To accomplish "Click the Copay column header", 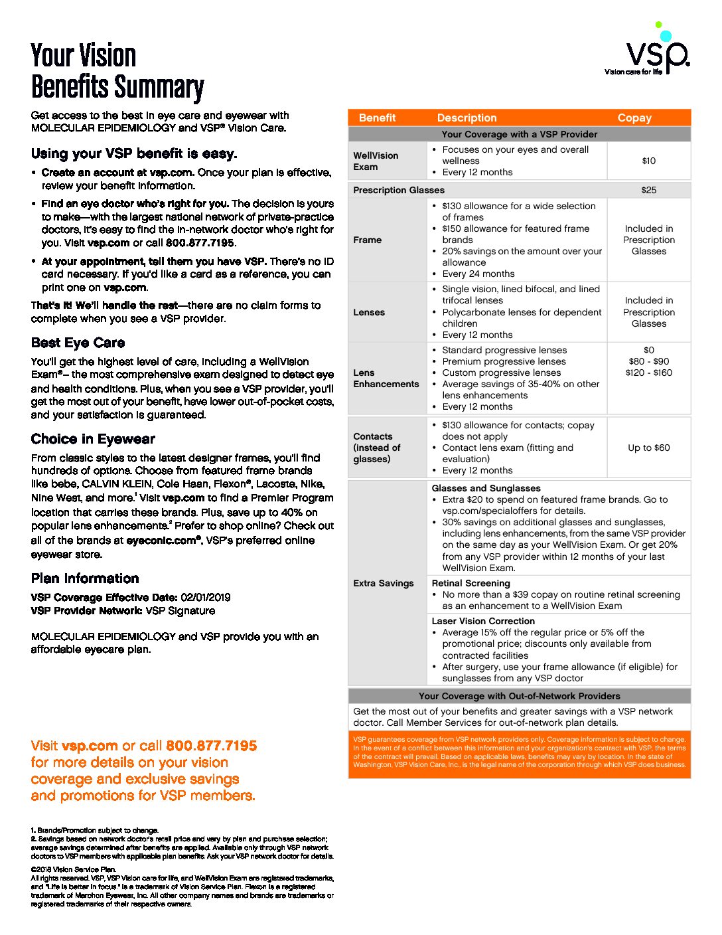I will point(634,118).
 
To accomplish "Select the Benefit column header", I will point(377,118).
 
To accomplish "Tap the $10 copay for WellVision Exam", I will point(648,161).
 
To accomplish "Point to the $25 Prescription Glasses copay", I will point(648,190).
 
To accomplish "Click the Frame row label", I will point(368,240).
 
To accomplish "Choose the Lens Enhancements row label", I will point(386,379).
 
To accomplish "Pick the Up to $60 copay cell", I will point(648,448).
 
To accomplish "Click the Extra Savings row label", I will point(384,583).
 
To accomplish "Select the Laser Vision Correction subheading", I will point(483,621).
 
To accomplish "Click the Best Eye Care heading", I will point(78,343).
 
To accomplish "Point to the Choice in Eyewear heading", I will point(93,439).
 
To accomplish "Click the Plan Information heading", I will point(85,578).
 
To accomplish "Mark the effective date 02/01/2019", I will point(206,597).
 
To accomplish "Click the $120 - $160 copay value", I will point(648,373).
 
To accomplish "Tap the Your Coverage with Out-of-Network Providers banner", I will point(519,696).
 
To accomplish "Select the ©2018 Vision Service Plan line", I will point(74,869).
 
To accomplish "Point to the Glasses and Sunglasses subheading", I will point(486,488).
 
